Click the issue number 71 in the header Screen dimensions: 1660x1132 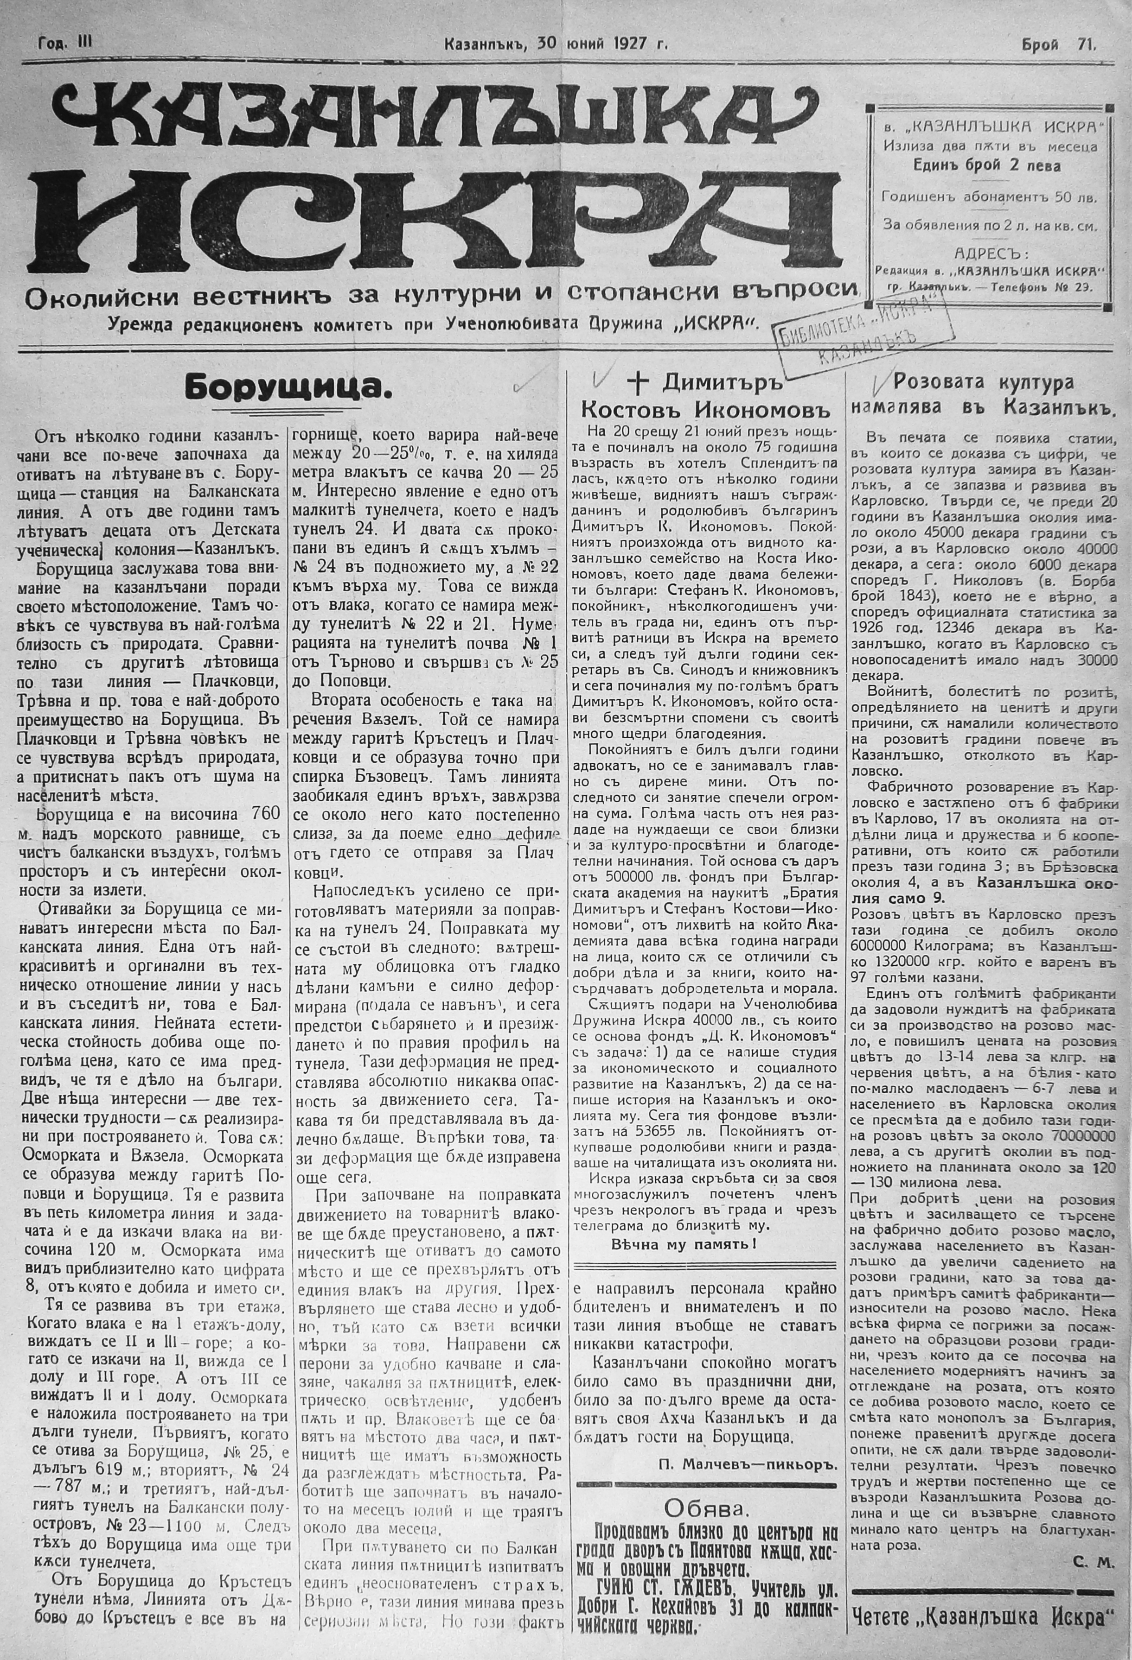click(x=1087, y=45)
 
